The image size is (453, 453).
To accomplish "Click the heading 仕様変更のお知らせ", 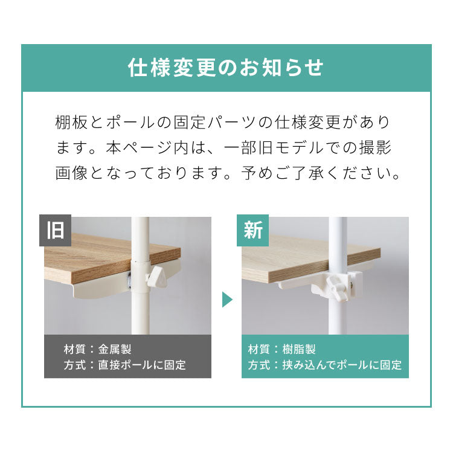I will (x=226, y=67).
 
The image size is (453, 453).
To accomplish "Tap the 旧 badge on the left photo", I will (x=55, y=231).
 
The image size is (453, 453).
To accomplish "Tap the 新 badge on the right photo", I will (x=252, y=231).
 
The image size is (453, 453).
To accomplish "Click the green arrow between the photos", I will (x=227, y=299).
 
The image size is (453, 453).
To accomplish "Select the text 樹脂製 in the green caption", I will (x=299, y=349).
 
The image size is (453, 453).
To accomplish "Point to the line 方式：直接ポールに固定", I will (x=124, y=365).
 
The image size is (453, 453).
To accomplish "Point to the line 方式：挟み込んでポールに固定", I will (x=324, y=365).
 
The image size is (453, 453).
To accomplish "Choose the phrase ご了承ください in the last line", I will (x=342, y=174).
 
